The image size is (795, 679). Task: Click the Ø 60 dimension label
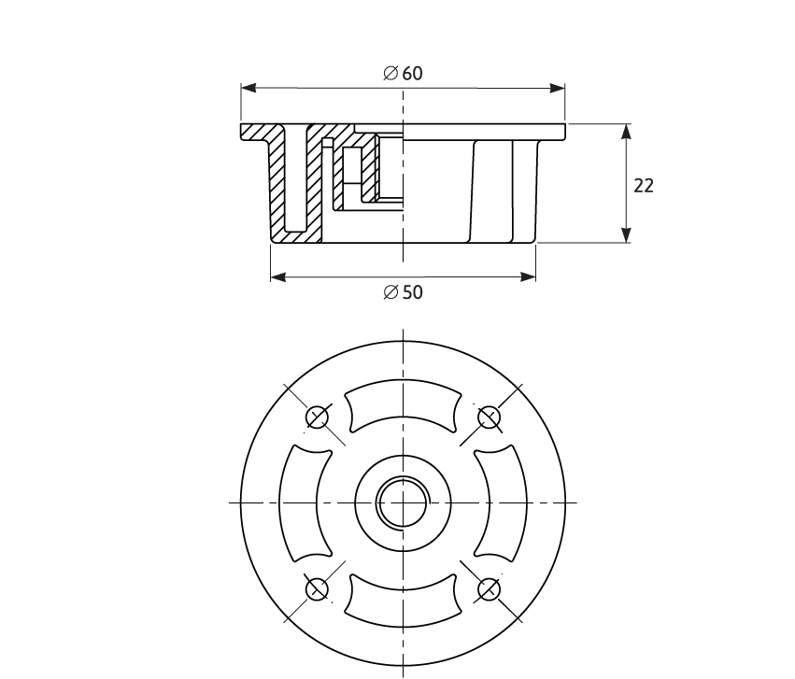click(x=403, y=74)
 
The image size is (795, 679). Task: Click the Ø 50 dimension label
click(x=403, y=292)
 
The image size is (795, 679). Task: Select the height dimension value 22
click(x=644, y=186)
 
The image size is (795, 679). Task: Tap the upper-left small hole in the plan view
click(x=318, y=417)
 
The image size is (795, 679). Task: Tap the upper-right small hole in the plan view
click(x=490, y=417)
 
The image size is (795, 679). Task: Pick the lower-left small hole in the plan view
click(x=318, y=588)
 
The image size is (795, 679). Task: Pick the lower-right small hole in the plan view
click(x=490, y=588)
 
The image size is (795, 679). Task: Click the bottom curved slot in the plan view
click(x=403, y=604)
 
